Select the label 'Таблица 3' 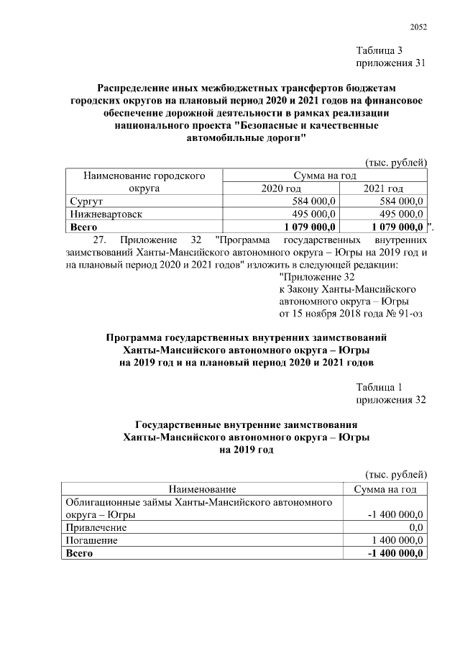380,50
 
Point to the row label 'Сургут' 86,201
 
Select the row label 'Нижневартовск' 106,214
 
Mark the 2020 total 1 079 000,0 306,227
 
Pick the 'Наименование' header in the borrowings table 202,489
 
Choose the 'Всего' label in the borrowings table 80,552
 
